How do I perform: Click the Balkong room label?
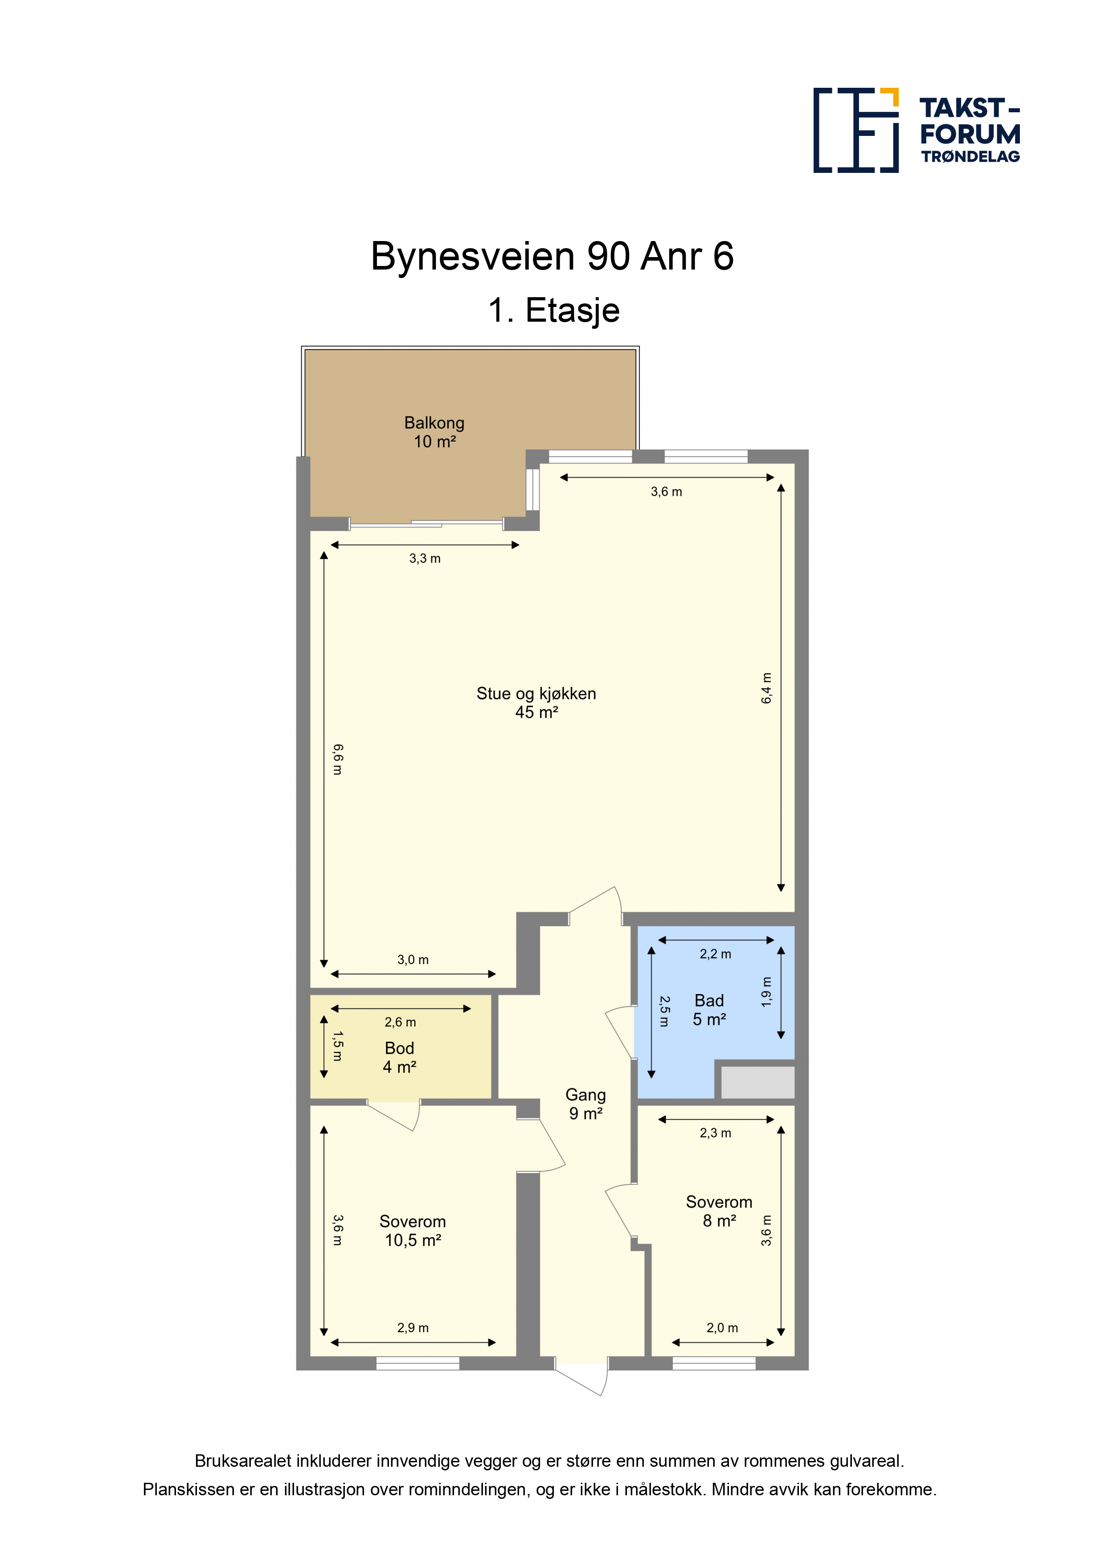pos(434,432)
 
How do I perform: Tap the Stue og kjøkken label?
pos(536,703)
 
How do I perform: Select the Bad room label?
pos(709,1010)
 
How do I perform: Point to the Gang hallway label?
pos(585,1104)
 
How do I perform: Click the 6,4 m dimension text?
pos(767,687)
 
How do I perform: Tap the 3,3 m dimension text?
pos(425,558)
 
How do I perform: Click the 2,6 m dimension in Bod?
pos(400,1022)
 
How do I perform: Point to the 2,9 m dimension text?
pos(413,1327)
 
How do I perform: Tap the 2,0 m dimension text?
pos(722,1327)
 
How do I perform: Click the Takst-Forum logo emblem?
pos(856,130)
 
